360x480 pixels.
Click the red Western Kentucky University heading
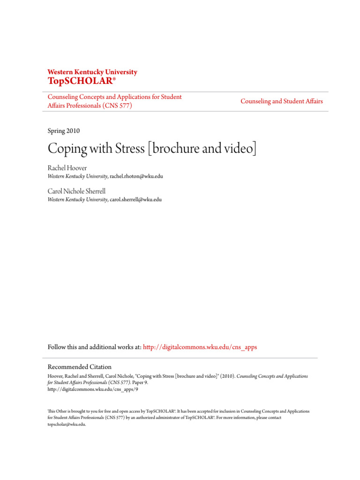tap(92, 72)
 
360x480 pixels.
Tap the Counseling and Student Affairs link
tap(281, 101)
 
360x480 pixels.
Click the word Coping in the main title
tap(67, 149)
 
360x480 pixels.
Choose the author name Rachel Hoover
tap(67, 168)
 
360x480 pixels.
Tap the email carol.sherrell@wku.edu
tap(135, 199)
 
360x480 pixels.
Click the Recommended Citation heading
tap(80, 367)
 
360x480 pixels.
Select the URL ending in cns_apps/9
tap(93, 389)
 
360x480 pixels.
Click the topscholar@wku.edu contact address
tap(67, 424)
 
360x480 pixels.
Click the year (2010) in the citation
tap(226, 376)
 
